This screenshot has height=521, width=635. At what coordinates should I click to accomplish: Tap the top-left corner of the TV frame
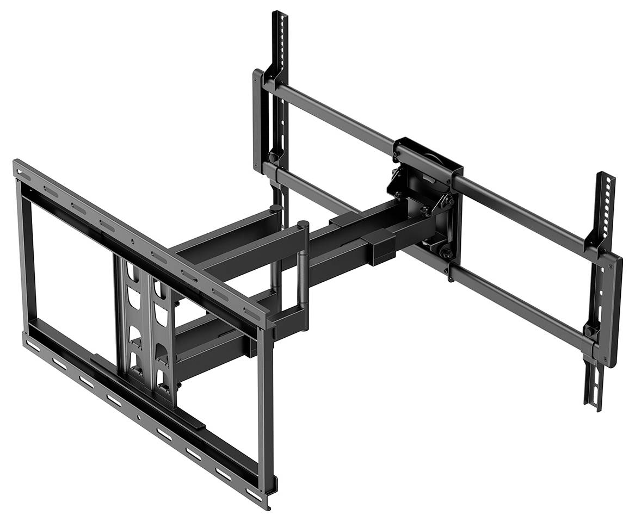(x=16, y=163)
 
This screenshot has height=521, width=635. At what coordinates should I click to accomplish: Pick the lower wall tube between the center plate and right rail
(x=522, y=302)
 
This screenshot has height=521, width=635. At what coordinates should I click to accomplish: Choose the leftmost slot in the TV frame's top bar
(x=21, y=172)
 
